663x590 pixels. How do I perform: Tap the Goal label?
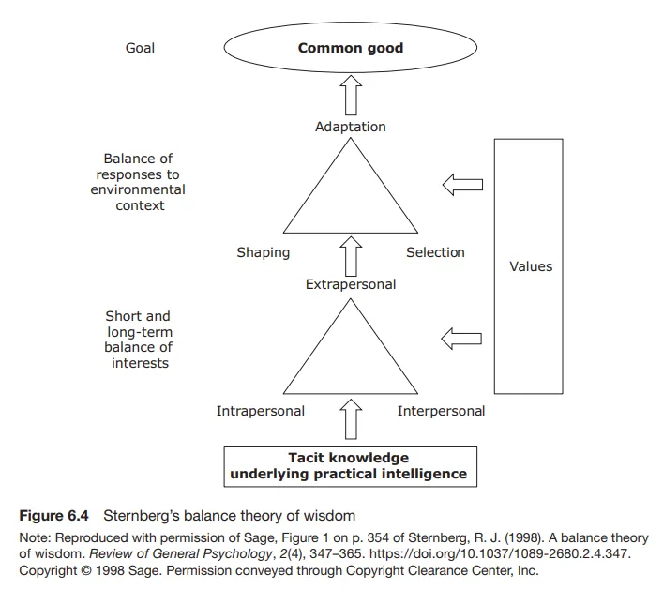(140, 48)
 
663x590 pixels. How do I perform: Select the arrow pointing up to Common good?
(351, 95)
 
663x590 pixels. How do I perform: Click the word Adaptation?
(351, 127)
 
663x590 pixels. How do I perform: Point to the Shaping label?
(263, 252)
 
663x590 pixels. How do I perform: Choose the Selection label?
(435, 252)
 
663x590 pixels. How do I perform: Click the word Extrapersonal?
(351, 284)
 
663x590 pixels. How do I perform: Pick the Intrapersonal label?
(261, 411)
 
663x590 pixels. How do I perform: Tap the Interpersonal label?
(441, 411)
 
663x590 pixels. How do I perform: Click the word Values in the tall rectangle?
(531, 266)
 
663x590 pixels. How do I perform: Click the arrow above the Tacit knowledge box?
(351, 419)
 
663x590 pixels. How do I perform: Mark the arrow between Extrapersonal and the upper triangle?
(351, 256)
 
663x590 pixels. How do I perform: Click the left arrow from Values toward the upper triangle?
(462, 185)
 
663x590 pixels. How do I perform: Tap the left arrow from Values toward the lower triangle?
(461, 339)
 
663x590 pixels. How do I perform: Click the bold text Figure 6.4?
(54, 516)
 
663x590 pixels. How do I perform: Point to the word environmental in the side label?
(138, 189)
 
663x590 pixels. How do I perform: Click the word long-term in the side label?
(140, 332)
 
